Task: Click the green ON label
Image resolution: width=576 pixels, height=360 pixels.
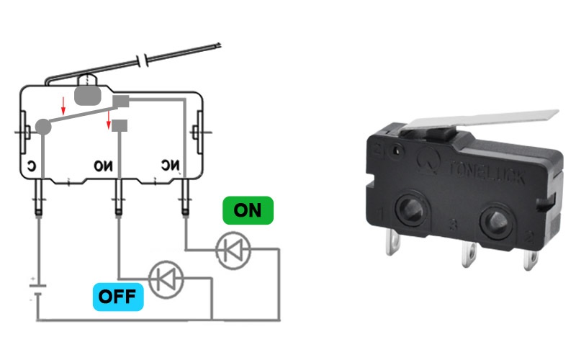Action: (x=248, y=210)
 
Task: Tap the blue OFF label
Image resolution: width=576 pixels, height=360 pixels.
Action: (x=119, y=296)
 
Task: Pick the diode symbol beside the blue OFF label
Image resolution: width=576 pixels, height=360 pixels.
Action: (x=166, y=279)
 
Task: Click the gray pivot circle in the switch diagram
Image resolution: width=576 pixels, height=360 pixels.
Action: (x=43, y=127)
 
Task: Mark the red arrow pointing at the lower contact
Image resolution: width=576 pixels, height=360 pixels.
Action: (x=109, y=120)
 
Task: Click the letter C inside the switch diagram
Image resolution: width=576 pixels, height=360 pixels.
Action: (x=32, y=166)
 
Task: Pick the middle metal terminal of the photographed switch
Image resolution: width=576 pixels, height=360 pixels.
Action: (x=468, y=252)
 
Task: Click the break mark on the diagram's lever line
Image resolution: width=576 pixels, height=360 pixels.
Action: (x=146, y=58)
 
